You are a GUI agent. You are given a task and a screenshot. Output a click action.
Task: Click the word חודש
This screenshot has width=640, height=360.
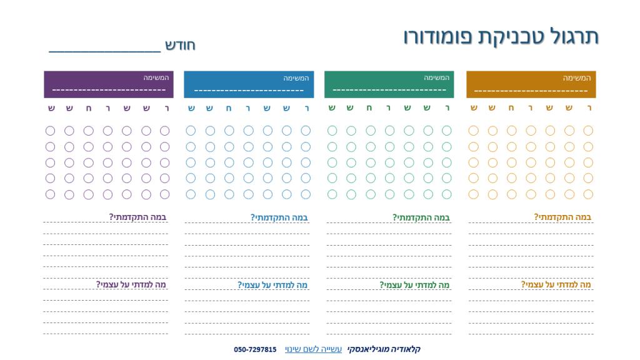[x=181, y=45]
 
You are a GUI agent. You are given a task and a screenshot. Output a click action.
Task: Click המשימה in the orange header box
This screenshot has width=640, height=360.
[x=576, y=78]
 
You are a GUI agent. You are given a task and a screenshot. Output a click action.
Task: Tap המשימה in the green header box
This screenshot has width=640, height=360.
[x=437, y=78]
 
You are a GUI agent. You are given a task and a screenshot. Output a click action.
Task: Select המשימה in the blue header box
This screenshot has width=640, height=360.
[x=296, y=78]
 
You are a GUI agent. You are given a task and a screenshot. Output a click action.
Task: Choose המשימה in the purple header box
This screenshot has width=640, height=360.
[x=156, y=78]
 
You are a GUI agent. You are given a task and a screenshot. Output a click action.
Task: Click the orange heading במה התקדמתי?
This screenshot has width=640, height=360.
[x=562, y=217]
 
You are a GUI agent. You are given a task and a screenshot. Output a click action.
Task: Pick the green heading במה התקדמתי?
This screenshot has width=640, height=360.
[x=421, y=217]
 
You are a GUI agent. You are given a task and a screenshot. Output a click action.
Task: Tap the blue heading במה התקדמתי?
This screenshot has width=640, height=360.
[x=279, y=217]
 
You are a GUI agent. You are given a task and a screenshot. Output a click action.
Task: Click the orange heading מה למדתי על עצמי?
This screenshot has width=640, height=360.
[x=556, y=285]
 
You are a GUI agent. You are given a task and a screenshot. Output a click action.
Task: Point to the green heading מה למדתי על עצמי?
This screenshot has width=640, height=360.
[x=415, y=285]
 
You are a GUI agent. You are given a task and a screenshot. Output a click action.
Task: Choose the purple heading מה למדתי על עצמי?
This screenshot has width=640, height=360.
[x=131, y=285]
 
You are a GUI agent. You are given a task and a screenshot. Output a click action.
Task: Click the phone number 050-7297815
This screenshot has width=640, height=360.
[x=255, y=349]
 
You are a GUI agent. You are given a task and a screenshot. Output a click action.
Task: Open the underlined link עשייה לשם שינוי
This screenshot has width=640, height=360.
[x=313, y=349]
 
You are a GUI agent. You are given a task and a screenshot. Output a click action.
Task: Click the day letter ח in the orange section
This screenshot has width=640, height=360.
[x=512, y=108]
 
